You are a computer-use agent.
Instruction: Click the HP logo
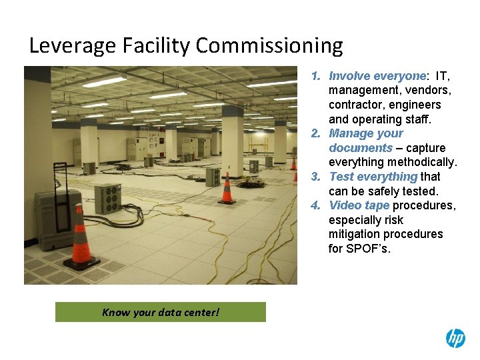coord(455,339)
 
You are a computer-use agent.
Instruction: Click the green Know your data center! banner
coord(160,312)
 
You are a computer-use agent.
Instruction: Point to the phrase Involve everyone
coord(377,76)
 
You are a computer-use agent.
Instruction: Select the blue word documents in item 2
coord(360,148)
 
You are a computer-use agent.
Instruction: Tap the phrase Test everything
coord(373,177)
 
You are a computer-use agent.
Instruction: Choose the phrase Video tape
coord(359,205)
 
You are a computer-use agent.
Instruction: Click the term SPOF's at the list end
coord(369,249)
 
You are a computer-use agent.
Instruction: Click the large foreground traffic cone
coord(81,237)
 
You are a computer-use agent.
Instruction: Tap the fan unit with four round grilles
coord(107,198)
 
